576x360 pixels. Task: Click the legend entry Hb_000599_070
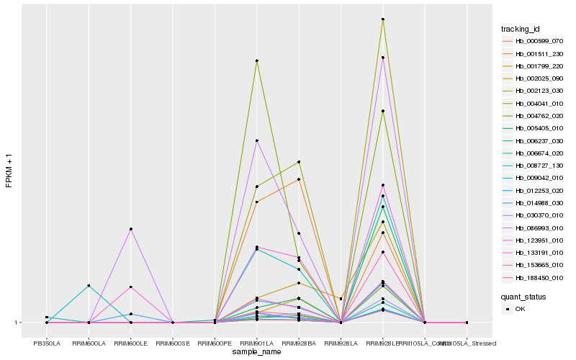[534, 41]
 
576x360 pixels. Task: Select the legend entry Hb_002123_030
[534, 91]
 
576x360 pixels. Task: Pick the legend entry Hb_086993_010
[534, 228]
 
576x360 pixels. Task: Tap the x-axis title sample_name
[257, 351]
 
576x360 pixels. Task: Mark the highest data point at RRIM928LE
[383, 19]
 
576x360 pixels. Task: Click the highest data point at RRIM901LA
[257, 60]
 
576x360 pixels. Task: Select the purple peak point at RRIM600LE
[130, 229]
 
